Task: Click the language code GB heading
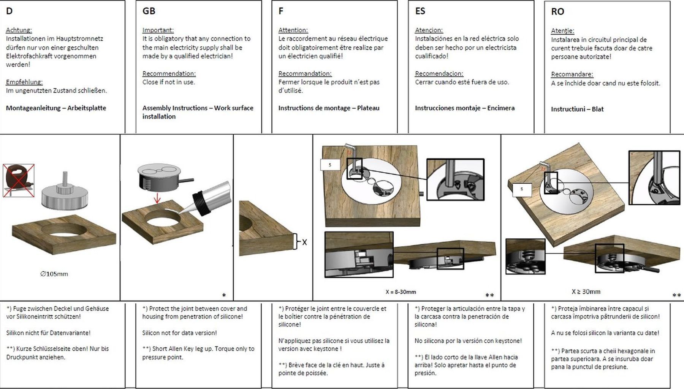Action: point(149,11)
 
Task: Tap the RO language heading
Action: point(557,12)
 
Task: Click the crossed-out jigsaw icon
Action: point(19,181)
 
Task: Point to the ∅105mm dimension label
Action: point(54,274)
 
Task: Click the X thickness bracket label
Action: point(304,242)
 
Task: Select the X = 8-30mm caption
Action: point(401,292)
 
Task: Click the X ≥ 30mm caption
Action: point(586,291)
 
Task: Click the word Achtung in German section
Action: point(19,30)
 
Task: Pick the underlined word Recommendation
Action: point(169,74)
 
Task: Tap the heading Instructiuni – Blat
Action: point(577,109)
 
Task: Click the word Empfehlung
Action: point(24,82)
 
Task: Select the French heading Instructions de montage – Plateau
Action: point(329,108)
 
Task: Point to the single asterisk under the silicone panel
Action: point(224,295)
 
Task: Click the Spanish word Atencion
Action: point(429,30)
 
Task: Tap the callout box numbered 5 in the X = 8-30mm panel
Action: point(330,165)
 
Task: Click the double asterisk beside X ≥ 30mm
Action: point(676,295)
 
